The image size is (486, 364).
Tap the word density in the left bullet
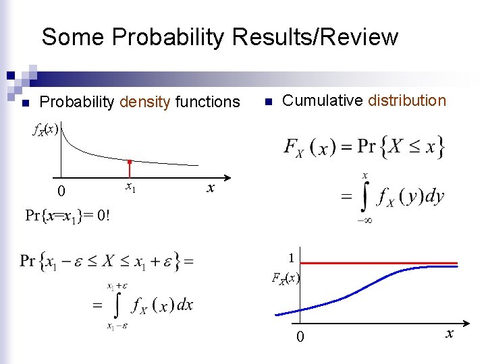click(x=145, y=102)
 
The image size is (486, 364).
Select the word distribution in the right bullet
click(x=406, y=101)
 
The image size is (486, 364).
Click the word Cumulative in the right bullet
click(x=323, y=101)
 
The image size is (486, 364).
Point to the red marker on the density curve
click(x=130, y=162)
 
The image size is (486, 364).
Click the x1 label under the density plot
click(x=130, y=189)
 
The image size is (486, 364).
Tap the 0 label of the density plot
click(x=61, y=192)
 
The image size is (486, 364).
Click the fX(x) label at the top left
click(x=47, y=130)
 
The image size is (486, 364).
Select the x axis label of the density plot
click(x=211, y=189)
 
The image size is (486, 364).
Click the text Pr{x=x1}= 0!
click(x=67, y=216)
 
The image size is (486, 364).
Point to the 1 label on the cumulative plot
click(x=291, y=257)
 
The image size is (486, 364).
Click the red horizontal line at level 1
click(x=378, y=264)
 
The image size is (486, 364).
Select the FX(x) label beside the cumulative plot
click(x=286, y=277)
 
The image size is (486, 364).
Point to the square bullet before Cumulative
click(x=267, y=102)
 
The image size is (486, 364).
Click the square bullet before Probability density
click(x=26, y=103)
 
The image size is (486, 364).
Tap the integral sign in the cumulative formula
click(x=365, y=198)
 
